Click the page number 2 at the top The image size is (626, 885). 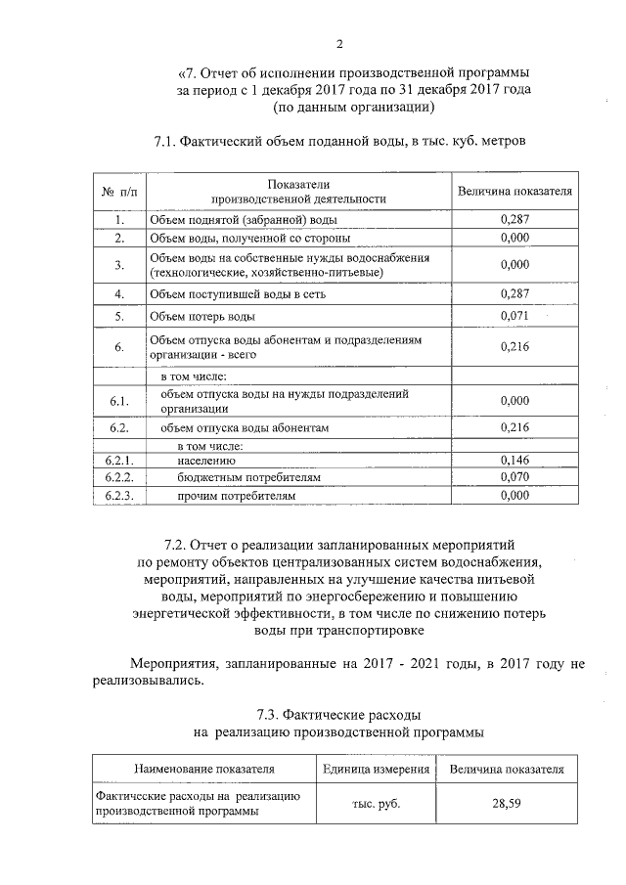(x=339, y=43)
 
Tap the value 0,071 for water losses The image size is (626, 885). (x=514, y=316)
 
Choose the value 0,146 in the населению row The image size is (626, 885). (x=514, y=460)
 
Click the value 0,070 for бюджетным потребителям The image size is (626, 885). (x=514, y=477)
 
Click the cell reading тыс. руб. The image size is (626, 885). (x=377, y=804)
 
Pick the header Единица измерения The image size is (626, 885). (x=377, y=770)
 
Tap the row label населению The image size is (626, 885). (x=206, y=460)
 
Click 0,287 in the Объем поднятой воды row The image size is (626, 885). (x=514, y=220)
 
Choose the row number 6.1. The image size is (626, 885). (x=119, y=401)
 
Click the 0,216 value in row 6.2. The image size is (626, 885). (x=514, y=427)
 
